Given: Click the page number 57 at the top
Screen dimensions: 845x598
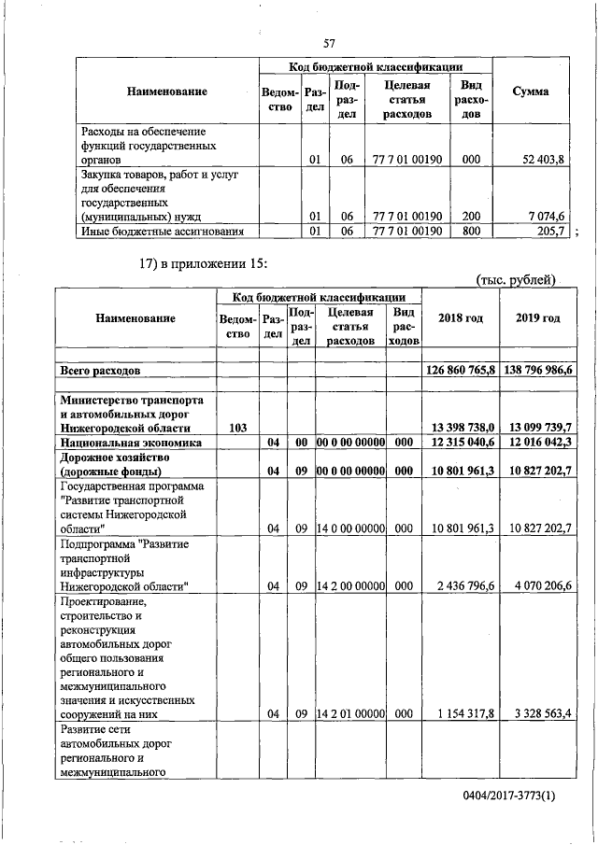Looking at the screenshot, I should (x=329, y=43).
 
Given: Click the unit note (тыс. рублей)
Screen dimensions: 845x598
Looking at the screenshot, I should (x=516, y=279).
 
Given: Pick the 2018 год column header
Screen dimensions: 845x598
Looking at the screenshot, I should (x=461, y=318).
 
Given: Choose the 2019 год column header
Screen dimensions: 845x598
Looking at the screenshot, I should (x=537, y=318).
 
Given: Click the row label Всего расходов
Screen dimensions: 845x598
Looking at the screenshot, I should (x=101, y=371).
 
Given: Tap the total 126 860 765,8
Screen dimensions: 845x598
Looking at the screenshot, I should (x=461, y=371).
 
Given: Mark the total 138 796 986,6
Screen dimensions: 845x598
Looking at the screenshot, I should (x=539, y=371).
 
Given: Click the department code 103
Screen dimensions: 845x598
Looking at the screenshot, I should (x=237, y=427).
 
